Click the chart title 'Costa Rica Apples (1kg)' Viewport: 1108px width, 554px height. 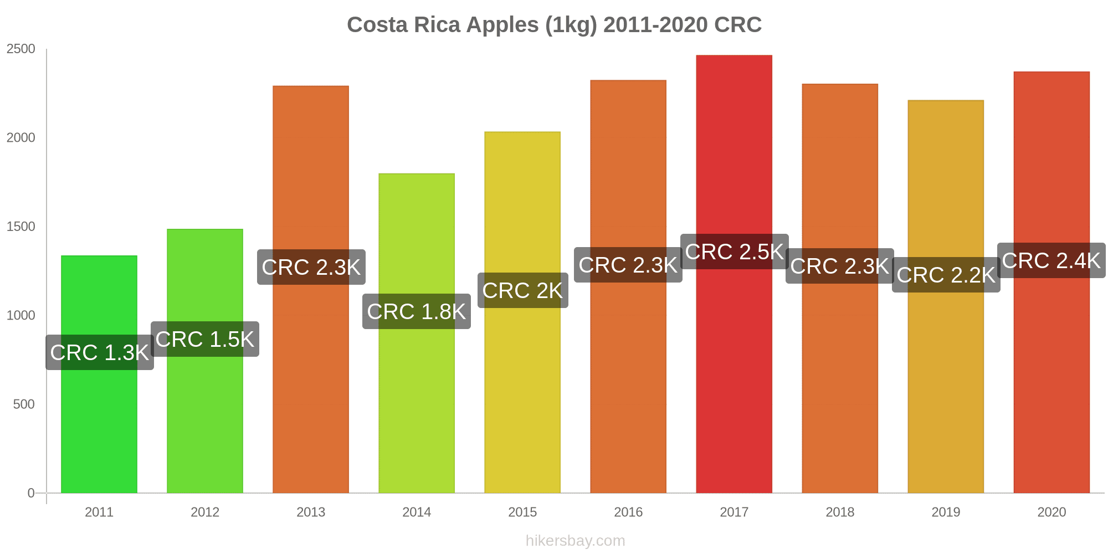[x=554, y=25]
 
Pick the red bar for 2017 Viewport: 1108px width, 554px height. [x=734, y=377]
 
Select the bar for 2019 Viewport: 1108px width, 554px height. [x=946, y=388]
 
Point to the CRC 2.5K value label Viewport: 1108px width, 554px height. [x=734, y=252]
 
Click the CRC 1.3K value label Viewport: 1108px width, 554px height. [x=100, y=352]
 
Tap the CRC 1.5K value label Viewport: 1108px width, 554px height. [x=205, y=339]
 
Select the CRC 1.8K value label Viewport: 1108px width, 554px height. [x=417, y=311]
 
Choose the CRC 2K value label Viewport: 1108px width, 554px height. [x=522, y=290]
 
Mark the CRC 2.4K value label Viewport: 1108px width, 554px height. [x=1051, y=260]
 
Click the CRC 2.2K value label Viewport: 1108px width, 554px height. [x=946, y=275]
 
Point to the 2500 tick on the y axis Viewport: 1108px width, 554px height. [x=21, y=49]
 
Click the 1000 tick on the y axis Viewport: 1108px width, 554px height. [x=21, y=315]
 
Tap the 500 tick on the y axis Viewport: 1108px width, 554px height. [x=24, y=404]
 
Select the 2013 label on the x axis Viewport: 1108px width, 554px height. [x=311, y=512]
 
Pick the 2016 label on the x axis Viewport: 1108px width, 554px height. [x=628, y=512]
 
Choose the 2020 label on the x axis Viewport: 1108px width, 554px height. [x=1051, y=512]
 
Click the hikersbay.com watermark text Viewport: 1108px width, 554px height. [x=575, y=541]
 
